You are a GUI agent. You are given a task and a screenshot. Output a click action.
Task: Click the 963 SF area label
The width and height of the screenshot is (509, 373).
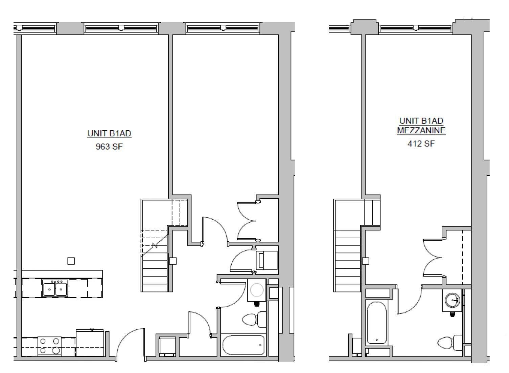pos(109,147)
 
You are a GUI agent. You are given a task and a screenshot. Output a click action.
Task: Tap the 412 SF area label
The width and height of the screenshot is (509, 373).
pos(421,144)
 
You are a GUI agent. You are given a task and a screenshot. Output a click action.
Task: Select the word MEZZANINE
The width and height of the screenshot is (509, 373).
pos(421,130)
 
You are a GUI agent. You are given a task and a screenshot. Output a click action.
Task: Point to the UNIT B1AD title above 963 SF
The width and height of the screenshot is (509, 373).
pos(109,133)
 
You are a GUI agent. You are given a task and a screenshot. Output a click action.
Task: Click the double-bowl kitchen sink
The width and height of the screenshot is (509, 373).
pos(55,288)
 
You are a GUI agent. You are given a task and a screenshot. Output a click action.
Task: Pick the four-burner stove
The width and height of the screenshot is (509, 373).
pos(49,346)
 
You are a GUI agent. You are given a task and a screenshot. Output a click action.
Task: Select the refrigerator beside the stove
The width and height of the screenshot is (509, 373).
pos(90,343)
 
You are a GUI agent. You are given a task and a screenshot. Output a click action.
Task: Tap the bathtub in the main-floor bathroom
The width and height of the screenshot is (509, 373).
pos(244,345)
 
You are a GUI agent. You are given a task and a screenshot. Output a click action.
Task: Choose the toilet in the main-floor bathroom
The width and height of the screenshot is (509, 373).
pos(254,320)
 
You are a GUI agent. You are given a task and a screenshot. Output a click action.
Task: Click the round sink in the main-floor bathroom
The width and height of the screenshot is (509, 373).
pos(257,290)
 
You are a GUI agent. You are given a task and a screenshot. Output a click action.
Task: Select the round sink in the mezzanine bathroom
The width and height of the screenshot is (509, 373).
pos(453,300)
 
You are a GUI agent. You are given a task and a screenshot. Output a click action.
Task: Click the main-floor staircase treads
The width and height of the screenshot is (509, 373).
pos(155,271)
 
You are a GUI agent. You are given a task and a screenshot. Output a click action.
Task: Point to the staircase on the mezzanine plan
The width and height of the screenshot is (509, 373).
pos(347,261)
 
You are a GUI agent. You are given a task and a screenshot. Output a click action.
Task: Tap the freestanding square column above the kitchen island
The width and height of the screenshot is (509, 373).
pos(71,261)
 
